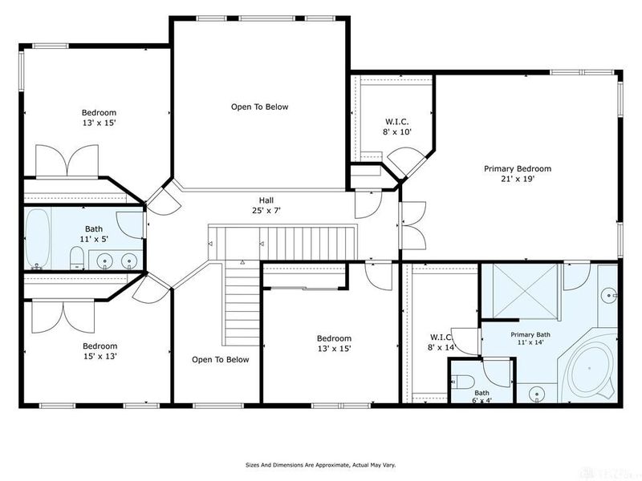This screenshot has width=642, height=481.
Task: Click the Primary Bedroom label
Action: pyautogui.click(x=518, y=168)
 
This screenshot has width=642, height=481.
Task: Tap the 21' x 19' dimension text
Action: pyautogui.click(x=518, y=179)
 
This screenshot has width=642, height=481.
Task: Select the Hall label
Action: pyautogui.click(x=266, y=200)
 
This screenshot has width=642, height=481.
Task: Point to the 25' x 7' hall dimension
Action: pyautogui.click(x=266, y=211)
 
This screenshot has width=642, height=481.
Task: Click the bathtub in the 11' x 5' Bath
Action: pyautogui.click(x=38, y=239)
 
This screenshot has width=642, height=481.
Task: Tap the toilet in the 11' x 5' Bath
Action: pyautogui.click(x=77, y=257)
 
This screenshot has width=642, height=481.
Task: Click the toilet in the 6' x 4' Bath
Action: pyautogui.click(x=463, y=382)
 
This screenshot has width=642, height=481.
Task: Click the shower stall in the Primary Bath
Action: pyautogui.click(x=526, y=291)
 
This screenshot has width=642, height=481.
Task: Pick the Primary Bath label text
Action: pyautogui.click(x=530, y=334)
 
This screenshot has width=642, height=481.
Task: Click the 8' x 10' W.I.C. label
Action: pyautogui.click(x=396, y=127)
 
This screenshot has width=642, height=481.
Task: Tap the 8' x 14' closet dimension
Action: pyautogui.click(x=441, y=348)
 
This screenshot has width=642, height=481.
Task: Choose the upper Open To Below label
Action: pyautogui.click(x=259, y=107)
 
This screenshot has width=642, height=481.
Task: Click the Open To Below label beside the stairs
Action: pyautogui.click(x=220, y=359)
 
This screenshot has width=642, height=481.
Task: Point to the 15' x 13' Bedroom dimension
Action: pyautogui.click(x=100, y=356)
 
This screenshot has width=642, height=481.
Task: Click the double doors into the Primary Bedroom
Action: pyautogui.click(x=413, y=225)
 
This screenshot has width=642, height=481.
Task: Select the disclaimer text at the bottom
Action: pyautogui.click(x=320, y=465)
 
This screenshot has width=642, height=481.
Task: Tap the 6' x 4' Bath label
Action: pyautogui.click(x=482, y=396)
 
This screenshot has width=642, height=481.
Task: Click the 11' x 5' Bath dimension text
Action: pyautogui.click(x=94, y=239)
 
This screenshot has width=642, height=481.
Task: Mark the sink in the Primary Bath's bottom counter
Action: pyautogui.click(x=537, y=394)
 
